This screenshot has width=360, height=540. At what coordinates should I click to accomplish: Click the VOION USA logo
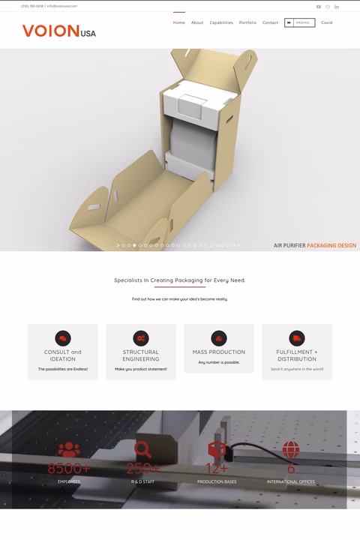(x=58, y=31)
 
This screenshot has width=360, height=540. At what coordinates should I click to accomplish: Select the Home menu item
(x=179, y=22)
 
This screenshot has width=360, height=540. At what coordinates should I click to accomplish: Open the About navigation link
(x=197, y=22)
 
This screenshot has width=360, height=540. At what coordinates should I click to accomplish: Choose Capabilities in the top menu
(x=221, y=22)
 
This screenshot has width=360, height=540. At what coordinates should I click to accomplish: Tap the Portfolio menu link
(x=247, y=22)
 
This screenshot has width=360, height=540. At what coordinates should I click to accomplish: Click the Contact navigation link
(x=270, y=22)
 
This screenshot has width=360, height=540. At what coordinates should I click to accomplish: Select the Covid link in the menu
(x=327, y=22)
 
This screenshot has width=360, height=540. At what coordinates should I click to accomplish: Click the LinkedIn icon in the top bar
(x=337, y=7)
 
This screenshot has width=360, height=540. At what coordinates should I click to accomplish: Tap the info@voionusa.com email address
(x=62, y=6)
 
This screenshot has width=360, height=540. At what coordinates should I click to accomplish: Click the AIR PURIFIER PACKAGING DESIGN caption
(x=314, y=245)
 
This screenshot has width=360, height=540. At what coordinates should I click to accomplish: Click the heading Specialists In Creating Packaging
(x=179, y=280)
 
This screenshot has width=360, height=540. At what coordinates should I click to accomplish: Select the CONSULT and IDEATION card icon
(x=63, y=338)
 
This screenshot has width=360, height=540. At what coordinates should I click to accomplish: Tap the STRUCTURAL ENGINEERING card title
(x=141, y=355)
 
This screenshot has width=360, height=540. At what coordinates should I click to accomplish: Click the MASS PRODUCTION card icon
(x=219, y=338)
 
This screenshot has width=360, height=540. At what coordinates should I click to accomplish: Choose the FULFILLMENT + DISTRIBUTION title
(x=296, y=355)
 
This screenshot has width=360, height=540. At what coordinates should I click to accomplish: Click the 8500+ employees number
(x=68, y=469)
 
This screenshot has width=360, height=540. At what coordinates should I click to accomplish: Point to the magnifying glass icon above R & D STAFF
(x=142, y=449)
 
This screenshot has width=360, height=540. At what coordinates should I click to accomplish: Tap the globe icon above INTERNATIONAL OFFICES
(x=291, y=449)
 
